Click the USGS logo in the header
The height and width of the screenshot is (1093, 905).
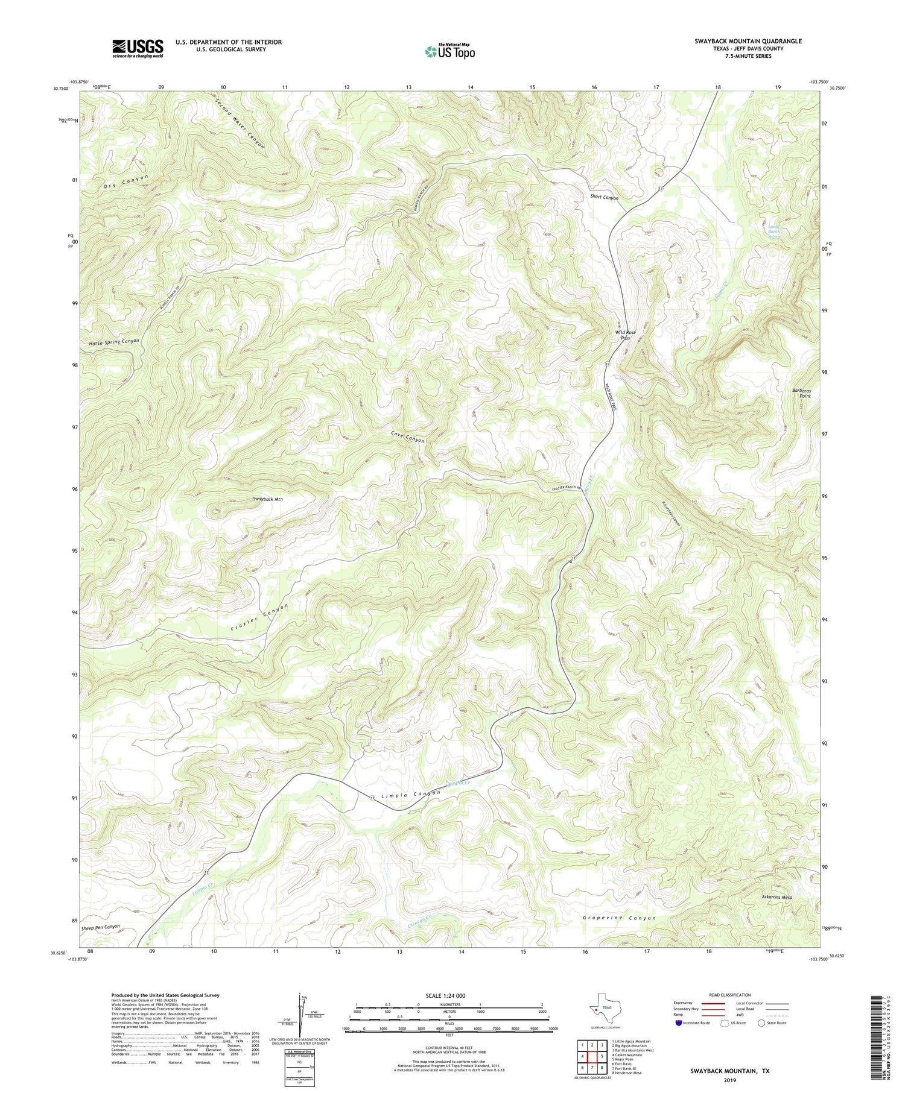point(138,48)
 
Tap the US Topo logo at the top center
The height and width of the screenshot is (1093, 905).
point(449,51)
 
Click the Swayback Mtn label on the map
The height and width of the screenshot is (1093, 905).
point(268,499)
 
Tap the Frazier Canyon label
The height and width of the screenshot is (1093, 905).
point(259,617)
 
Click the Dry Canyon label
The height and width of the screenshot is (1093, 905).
point(125,180)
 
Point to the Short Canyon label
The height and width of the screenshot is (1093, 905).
point(604,197)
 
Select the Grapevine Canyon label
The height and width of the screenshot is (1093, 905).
point(619,918)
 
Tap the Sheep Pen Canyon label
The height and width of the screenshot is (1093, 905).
point(100,927)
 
